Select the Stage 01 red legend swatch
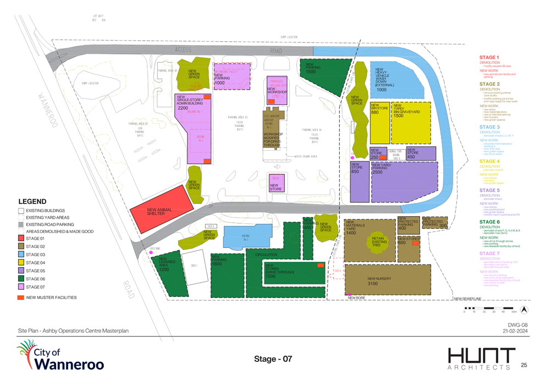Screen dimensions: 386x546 [x=21, y=238]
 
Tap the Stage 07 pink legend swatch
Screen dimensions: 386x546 [x=21, y=286]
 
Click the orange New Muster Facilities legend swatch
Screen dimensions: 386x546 [x=21, y=297]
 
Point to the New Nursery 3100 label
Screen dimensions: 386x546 [x=379, y=281]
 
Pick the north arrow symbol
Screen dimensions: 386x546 [x=524, y=309]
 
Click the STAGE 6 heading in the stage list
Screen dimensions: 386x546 [x=489, y=222]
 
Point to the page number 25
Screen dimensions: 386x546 [x=523, y=365]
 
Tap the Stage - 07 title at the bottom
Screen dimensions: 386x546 [x=273, y=359]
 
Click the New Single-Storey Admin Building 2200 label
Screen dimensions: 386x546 [x=190, y=104]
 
